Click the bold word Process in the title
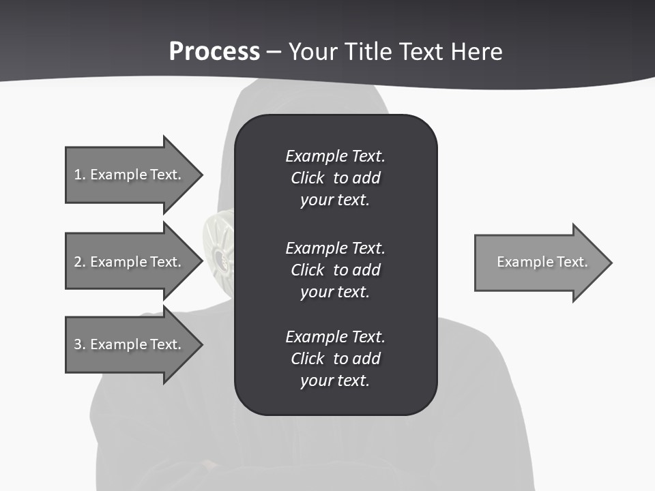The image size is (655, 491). click(214, 52)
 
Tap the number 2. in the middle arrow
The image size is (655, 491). click(79, 262)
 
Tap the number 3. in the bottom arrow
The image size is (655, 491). click(79, 344)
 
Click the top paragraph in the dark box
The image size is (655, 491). click(335, 178)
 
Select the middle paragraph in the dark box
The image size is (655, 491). click(335, 270)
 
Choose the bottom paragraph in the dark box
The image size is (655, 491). click(335, 359)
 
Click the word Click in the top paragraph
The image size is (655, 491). click(308, 178)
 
